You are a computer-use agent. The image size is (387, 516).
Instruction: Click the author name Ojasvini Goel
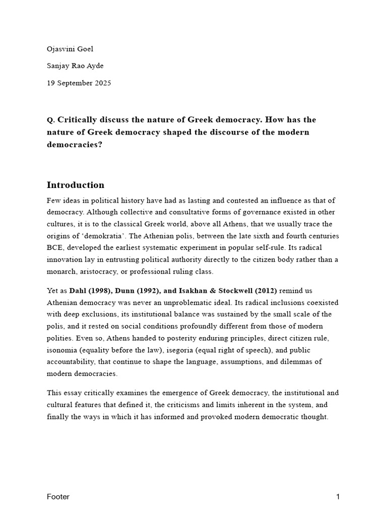70,49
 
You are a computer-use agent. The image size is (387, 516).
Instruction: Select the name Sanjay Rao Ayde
77,66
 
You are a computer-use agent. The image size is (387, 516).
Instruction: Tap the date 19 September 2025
79,83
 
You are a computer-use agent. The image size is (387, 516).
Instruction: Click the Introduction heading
76,184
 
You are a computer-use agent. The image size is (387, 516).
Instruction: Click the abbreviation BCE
55,247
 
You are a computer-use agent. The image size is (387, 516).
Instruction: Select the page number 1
338,497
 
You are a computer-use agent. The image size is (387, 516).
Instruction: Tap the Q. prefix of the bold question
50,120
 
